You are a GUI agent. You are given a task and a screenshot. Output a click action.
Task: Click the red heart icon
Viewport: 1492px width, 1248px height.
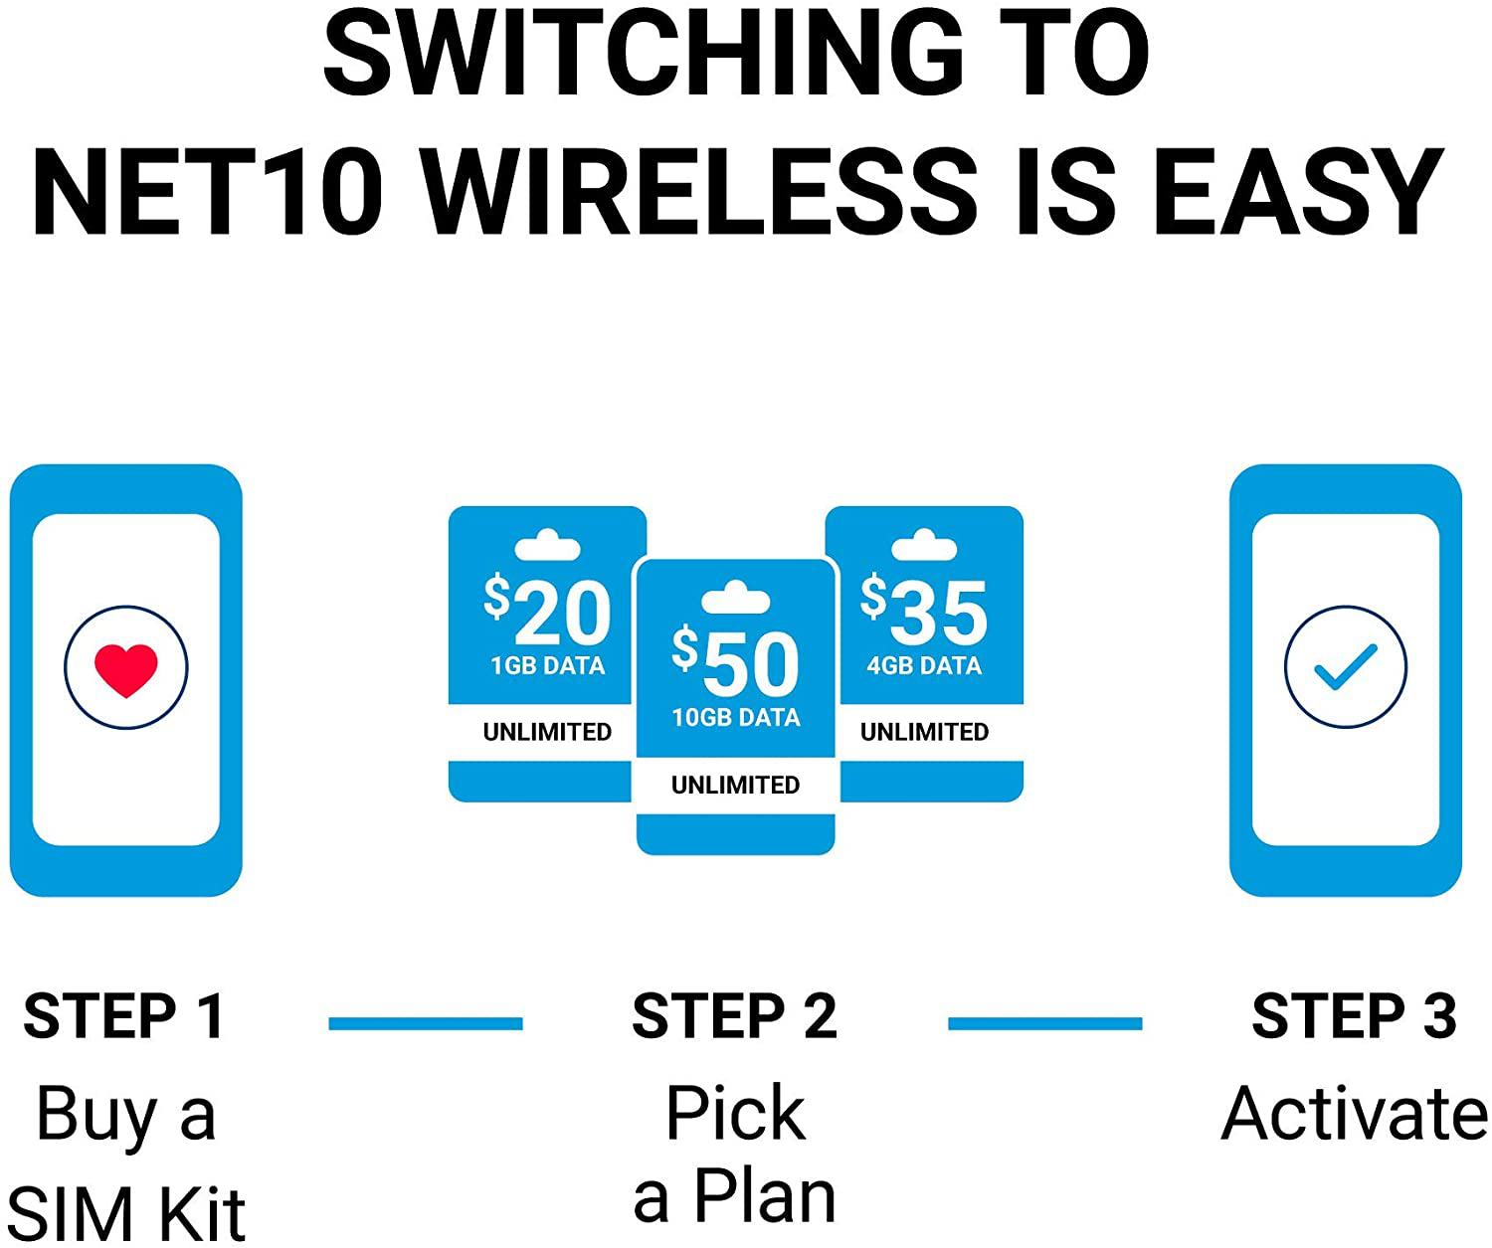click(126, 669)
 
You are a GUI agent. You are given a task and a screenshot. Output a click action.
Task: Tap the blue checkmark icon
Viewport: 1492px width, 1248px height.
click(1345, 667)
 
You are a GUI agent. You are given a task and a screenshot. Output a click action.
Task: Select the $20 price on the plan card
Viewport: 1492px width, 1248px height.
click(548, 612)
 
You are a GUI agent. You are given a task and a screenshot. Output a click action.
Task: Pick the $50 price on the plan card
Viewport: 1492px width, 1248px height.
click(736, 663)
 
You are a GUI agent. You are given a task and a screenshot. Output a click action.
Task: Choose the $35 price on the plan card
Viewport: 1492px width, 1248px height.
click(924, 612)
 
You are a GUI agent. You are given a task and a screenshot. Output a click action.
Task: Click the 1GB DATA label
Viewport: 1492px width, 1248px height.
click(548, 666)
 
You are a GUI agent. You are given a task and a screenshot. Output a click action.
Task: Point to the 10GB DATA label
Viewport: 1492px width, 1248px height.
click(736, 718)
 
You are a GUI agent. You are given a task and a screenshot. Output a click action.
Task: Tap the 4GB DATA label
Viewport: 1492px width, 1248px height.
click(924, 666)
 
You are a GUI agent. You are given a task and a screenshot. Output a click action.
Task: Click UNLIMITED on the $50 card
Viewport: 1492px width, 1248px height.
click(736, 785)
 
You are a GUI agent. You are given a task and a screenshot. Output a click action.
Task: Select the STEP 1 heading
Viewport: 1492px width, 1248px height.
click(124, 1016)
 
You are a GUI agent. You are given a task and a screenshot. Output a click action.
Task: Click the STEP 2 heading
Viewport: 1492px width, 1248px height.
click(735, 1016)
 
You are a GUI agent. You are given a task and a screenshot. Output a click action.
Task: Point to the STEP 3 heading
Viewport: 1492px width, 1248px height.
click(1354, 1016)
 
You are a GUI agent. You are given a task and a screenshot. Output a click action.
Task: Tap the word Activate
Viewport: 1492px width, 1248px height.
click(1354, 1114)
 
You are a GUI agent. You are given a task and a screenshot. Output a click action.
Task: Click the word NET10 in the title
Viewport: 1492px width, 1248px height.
click(209, 192)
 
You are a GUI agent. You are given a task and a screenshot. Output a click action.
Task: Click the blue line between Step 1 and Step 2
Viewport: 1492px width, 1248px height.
click(426, 1023)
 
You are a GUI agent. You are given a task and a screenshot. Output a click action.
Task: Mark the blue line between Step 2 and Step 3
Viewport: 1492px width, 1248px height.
click(1044, 1023)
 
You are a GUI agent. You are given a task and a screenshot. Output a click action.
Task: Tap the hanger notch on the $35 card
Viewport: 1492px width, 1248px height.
click(924, 546)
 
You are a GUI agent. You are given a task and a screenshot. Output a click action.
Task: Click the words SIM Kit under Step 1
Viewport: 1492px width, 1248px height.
click(126, 1213)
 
